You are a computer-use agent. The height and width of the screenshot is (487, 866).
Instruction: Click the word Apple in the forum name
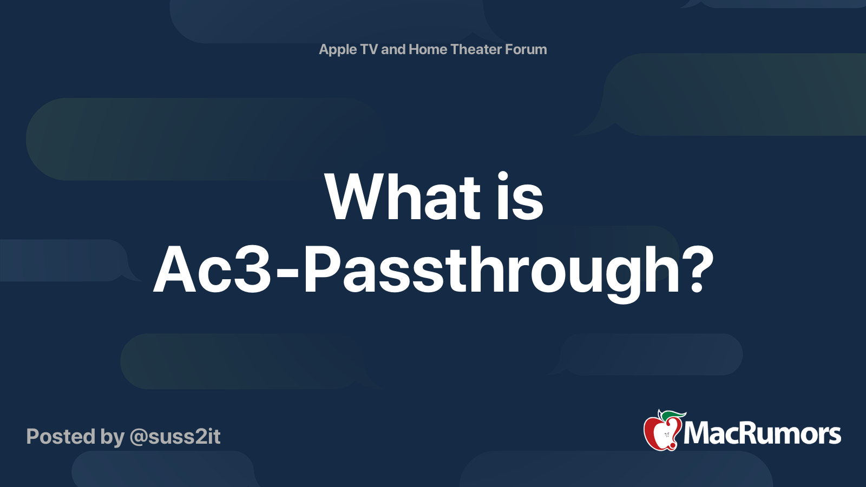[x=338, y=50]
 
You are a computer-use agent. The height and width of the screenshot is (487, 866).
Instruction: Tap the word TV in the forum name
[x=369, y=49]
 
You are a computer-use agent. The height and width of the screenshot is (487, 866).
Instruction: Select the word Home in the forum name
[x=428, y=49]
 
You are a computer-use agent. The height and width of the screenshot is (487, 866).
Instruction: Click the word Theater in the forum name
[x=476, y=49]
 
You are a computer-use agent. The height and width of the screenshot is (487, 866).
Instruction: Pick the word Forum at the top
[x=526, y=49]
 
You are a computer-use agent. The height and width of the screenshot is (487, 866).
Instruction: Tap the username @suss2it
[x=175, y=437]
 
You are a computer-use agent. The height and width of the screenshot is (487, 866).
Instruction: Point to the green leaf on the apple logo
[x=673, y=415]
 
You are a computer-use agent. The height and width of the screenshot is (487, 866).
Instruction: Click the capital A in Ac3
[x=176, y=269]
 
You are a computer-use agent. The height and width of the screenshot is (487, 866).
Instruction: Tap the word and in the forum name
[x=393, y=49]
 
